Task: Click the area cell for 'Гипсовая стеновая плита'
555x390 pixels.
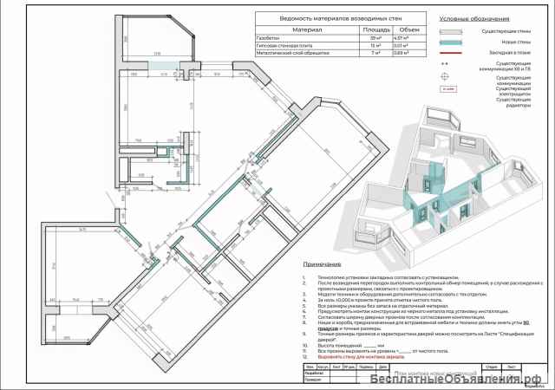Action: (375, 45)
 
